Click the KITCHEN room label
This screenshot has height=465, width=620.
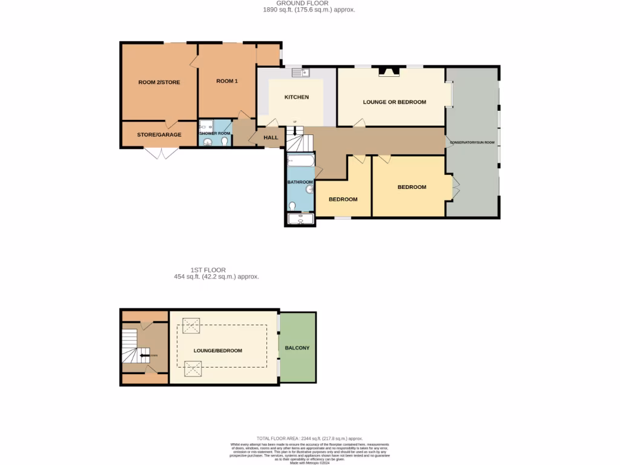297,97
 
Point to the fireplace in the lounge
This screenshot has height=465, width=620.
389,71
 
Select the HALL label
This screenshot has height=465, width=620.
271,137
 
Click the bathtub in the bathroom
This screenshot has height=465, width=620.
300,162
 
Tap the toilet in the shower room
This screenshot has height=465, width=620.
224,142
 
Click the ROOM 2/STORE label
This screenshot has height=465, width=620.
159,82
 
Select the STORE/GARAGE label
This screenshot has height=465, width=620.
159,134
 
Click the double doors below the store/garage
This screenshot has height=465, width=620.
160,153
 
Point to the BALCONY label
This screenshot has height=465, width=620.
297,348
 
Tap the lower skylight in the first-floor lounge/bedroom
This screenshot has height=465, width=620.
193,368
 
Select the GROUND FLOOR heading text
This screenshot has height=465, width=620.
309,4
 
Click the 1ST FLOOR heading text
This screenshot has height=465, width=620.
208,270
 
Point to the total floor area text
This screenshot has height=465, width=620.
309,438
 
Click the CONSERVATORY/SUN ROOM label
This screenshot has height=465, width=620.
472,143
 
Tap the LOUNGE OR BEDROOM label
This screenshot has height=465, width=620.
394,102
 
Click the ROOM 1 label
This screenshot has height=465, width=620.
227,81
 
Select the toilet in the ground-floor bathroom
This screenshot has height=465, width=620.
293,206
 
